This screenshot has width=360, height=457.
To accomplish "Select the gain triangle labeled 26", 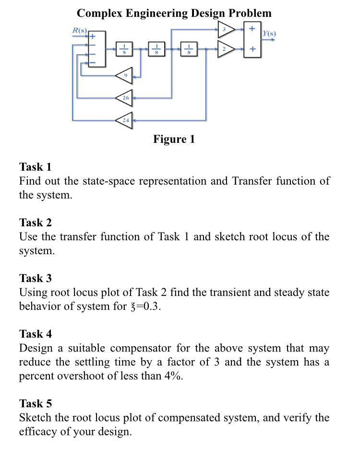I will point(124,98).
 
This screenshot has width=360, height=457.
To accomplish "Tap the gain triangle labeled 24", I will point(124,120).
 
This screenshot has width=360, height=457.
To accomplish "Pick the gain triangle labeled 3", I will point(225,29).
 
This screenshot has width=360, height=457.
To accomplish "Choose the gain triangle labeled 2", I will point(225,49).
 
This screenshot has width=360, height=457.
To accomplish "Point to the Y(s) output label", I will point(269,34).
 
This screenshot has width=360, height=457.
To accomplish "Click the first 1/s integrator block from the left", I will point(124,49).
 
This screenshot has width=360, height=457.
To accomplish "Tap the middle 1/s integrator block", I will point(156,49).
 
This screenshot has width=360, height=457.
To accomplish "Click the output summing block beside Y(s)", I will point(252,39).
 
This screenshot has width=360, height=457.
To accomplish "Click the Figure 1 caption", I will point(174,139).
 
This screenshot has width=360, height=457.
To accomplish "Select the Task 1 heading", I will point(35,167).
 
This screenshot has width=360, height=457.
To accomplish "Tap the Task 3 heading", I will point(35,278).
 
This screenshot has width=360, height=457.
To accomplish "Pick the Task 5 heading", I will point(35,403).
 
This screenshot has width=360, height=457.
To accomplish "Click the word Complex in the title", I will point(99,13).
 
